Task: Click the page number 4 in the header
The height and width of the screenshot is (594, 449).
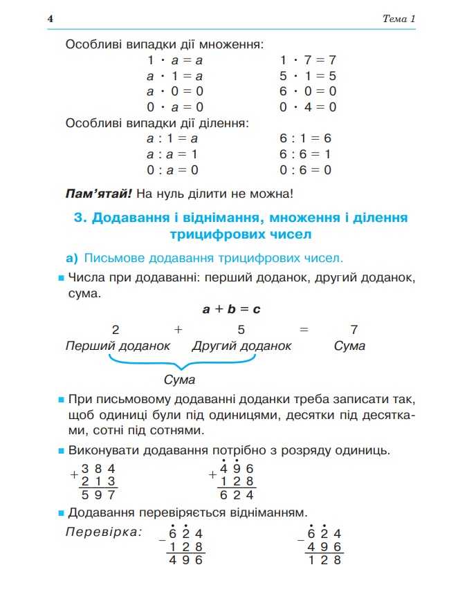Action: (50, 19)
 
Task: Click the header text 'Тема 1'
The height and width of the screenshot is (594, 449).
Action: (398, 19)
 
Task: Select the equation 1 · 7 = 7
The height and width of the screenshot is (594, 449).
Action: (308, 60)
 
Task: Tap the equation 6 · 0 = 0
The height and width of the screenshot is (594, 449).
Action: (308, 91)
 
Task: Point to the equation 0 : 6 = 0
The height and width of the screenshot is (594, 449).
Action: (305, 169)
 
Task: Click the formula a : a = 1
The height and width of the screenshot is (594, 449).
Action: (172, 154)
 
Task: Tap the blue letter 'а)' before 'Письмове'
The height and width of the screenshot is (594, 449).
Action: (72, 259)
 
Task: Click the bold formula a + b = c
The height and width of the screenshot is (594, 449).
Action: (230, 309)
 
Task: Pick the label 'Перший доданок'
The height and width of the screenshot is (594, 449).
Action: (117, 346)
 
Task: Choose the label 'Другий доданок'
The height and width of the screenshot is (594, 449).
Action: (241, 346)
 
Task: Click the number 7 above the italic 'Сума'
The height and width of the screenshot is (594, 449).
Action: (354, 329)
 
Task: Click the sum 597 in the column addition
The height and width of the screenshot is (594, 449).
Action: (98, 495)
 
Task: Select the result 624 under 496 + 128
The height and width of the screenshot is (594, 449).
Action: (237, 495)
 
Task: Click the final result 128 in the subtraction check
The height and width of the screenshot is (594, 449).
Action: (324, 561)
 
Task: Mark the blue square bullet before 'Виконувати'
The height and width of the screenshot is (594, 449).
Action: (61, 452)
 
